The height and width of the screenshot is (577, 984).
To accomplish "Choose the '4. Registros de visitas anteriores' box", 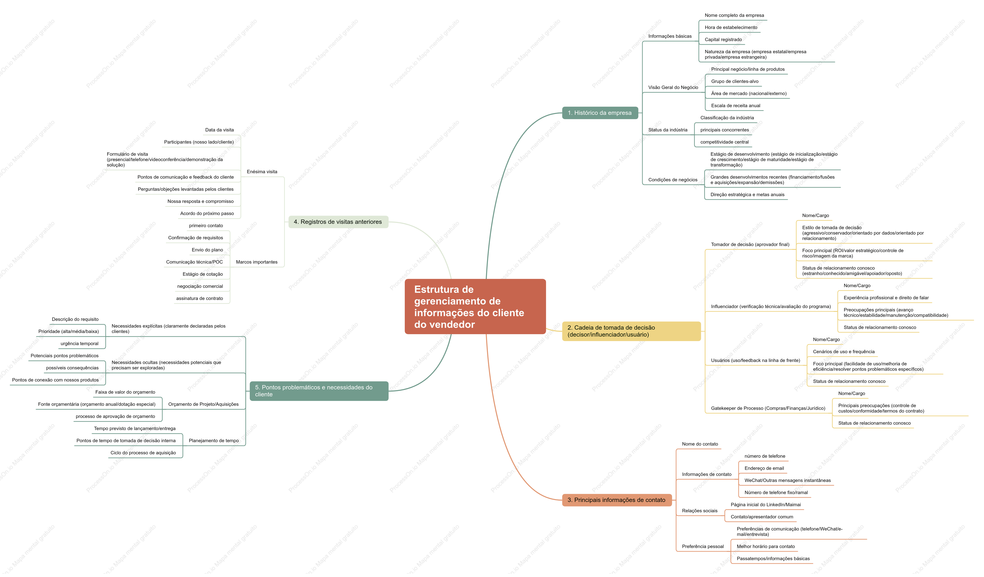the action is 338,222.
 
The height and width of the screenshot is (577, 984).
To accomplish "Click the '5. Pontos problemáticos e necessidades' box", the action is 319,391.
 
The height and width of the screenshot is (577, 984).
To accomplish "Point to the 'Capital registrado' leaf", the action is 723,39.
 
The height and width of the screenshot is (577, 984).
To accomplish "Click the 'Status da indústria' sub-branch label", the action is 668,130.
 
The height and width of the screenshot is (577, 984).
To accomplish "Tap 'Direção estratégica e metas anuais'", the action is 747,194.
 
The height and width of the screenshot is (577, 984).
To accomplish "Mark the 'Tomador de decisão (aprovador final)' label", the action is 750,244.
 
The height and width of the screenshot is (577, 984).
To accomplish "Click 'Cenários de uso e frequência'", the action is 844,352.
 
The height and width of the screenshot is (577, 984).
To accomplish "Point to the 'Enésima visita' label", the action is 262,172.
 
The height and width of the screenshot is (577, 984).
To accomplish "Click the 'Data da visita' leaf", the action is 219,130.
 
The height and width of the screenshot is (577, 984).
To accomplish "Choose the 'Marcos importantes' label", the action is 256,262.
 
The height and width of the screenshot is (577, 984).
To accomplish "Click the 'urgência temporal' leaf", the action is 80,344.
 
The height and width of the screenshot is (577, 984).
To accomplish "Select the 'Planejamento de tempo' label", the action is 214,441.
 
